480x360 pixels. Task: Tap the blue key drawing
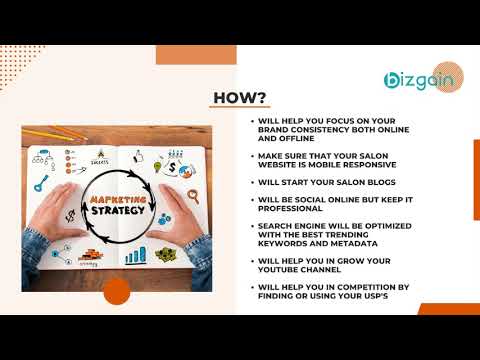pyautogui.click(x=40, y=183)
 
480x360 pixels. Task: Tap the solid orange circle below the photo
pyautogui.click(x=117, y=291)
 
